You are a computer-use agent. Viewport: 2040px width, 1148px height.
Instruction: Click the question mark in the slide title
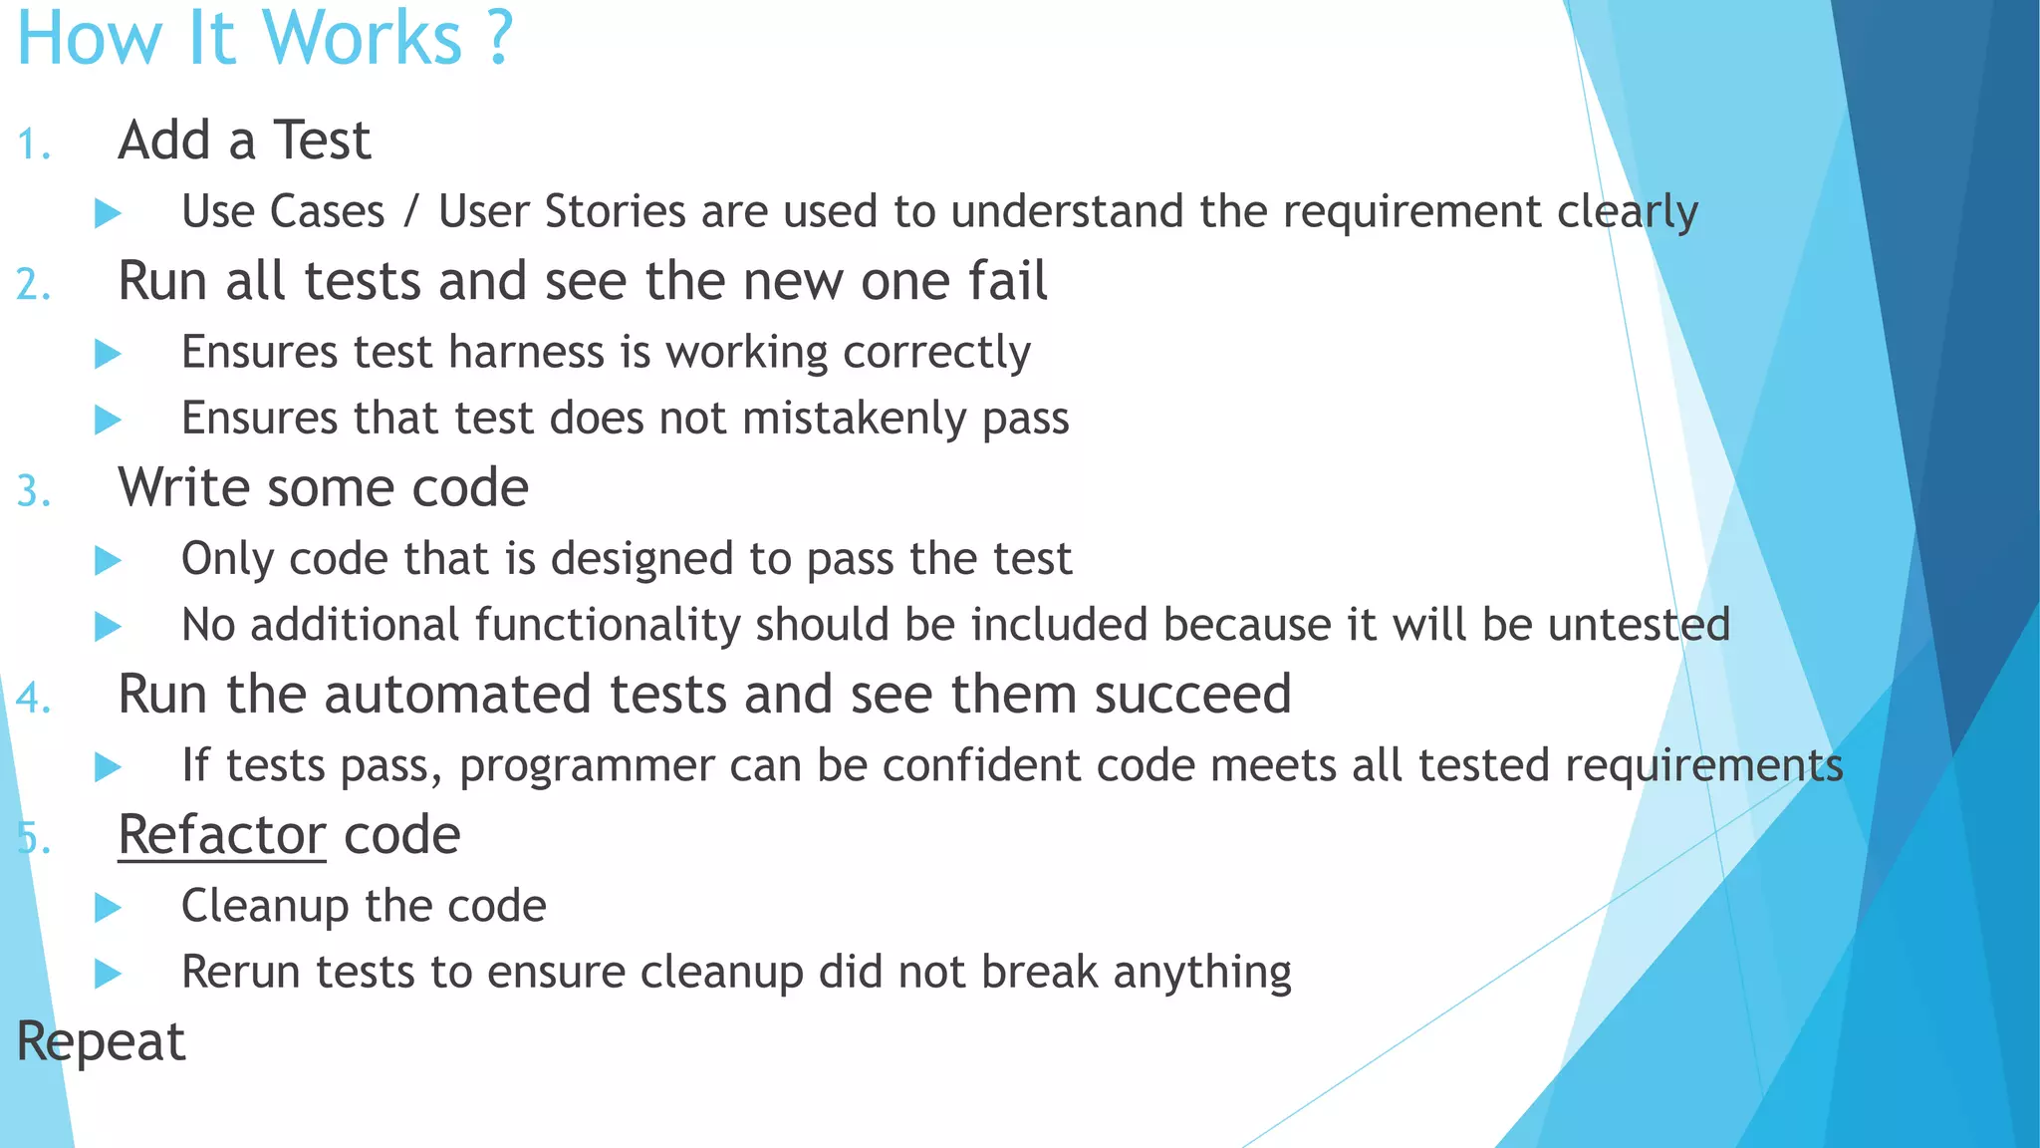click(x=499, y=38)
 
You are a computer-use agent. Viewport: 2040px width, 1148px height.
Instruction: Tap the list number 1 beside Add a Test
click(x=33, y=145)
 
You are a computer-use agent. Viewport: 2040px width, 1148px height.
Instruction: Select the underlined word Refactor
click(x=221, y=834)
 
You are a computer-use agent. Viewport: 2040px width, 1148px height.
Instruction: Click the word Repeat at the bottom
click(x=101, y=1042)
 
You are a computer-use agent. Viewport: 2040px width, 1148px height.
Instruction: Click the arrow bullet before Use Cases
click(x=108, y=212)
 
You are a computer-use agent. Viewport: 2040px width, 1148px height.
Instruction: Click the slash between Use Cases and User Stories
click(x=411, y=211)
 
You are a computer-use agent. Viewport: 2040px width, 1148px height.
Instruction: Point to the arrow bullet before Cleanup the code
click(x=108, y=907)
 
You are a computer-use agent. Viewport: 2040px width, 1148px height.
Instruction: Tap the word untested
click(x=1639, y=625)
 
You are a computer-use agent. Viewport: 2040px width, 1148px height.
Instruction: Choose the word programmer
click(x=587, y=766)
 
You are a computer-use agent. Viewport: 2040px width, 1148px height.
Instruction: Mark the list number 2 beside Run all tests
click(x=33, y=286)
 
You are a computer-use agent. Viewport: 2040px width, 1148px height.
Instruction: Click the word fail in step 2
click(x=1007, y=281)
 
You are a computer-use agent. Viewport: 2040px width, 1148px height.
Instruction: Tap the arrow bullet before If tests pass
click(x=108, y=766)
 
